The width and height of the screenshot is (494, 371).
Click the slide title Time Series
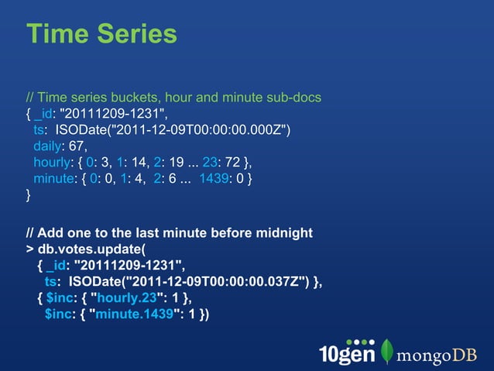(101, 33)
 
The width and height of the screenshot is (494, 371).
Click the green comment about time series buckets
(173, 98)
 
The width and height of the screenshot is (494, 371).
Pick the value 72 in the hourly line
(232, 161)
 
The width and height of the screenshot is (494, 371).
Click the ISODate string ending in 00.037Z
(184, 282)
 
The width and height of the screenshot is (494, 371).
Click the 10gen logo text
(346, 352)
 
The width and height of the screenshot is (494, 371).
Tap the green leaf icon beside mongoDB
(387, 351)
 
